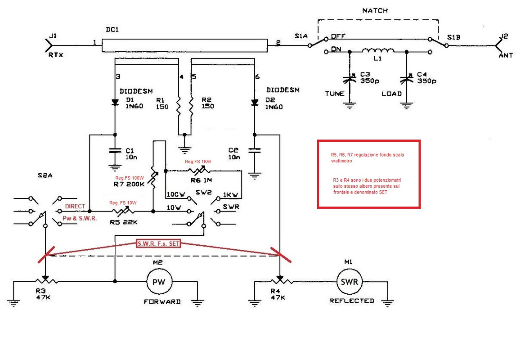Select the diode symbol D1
tap(115, 102)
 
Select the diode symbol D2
tap(254, 102)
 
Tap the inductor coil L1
tap(378, 51)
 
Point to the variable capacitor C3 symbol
tap(349, 79)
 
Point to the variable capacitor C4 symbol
tap(406, 79)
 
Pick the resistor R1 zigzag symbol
tap(179, 106)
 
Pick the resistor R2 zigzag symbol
tap(191, 106)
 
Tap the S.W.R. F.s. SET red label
tap(159, 244)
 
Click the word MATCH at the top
tap(375, 10)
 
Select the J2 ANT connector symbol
tap(499, 45)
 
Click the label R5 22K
tap(123, 222)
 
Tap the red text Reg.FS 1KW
tap(198, 162)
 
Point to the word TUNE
tap(334, 94)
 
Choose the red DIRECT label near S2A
tap(75, 207)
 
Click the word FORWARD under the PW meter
tap(162, 302)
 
